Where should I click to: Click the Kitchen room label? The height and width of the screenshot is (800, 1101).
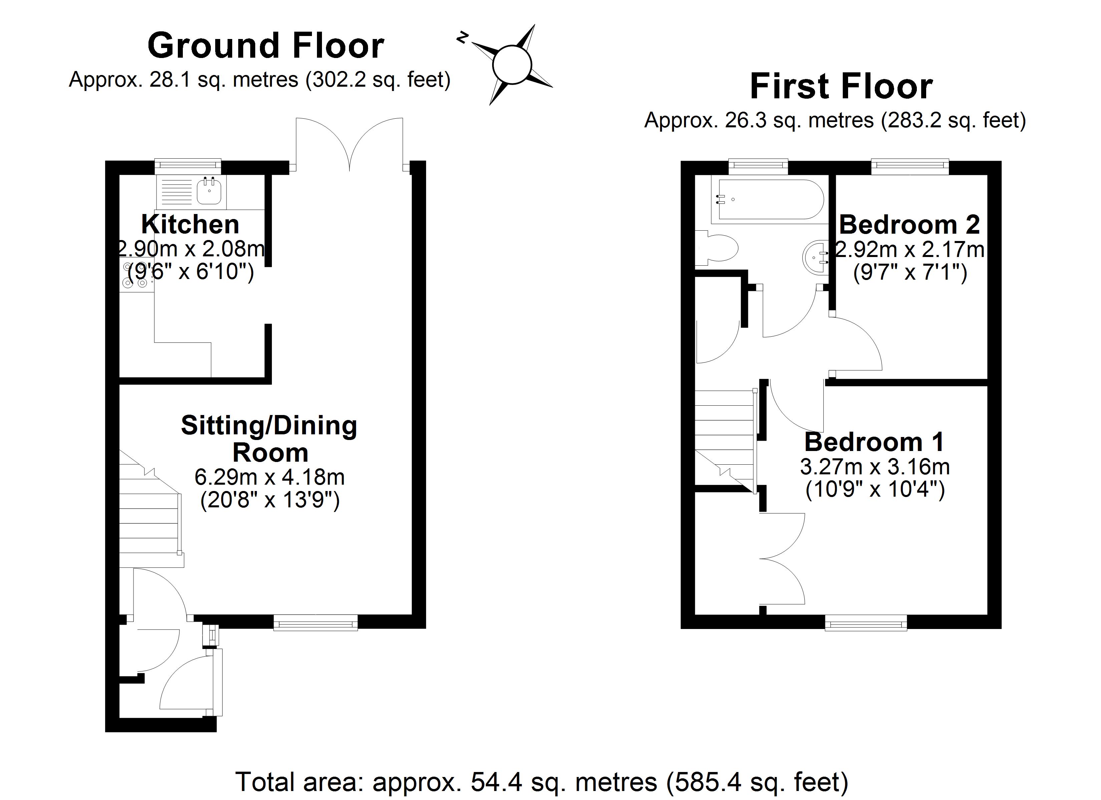(190, 225)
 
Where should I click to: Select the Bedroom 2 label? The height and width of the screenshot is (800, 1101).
(909, 225)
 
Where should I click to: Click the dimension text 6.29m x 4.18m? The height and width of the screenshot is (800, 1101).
(270, 477)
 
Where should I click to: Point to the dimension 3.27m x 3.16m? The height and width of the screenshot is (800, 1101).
(874, 467)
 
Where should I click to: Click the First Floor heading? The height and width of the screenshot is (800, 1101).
(841, 87)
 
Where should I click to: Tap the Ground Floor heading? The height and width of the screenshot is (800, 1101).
(266, 46)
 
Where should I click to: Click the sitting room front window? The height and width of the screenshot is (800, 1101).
(316, 622)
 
